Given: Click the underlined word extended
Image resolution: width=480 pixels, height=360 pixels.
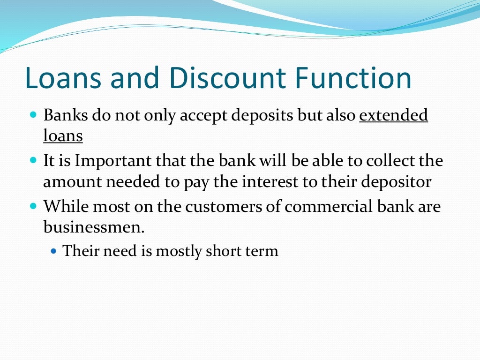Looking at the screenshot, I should coord(393,116).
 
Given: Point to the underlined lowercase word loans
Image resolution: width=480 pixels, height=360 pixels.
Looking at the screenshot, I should coord(63,136).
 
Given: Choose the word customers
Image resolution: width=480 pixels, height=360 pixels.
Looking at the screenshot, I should coord(207,206).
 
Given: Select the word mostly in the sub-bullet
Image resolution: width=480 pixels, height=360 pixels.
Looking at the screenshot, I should coord(179,251).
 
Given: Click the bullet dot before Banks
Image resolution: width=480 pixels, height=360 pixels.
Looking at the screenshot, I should coord(33,114).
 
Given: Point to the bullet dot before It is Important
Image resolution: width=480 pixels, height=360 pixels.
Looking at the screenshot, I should coord(33,159).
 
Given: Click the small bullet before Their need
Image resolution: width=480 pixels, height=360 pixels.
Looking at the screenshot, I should coord(53,251).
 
